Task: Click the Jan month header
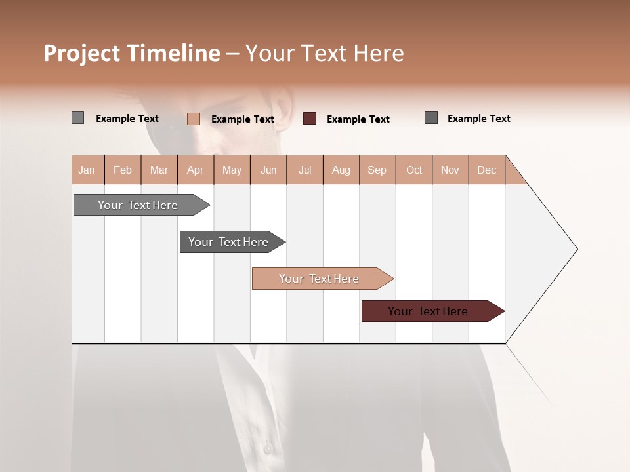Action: (87, 170)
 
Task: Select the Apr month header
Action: (195, 170)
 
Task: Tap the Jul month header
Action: (304, 170)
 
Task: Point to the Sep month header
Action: (377, 170)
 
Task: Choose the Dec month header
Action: (486, 170)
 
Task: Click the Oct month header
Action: (414, 170)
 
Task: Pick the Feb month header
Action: (123, 170)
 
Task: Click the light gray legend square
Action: (77, 118)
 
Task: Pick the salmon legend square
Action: (194, 119)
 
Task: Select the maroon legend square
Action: (310, 119)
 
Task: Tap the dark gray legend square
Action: (431, 118)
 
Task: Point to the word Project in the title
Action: (82, 53)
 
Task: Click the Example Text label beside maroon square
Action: (358, 119)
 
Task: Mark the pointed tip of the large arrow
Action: (576, 248)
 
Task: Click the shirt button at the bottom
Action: (267, 448)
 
